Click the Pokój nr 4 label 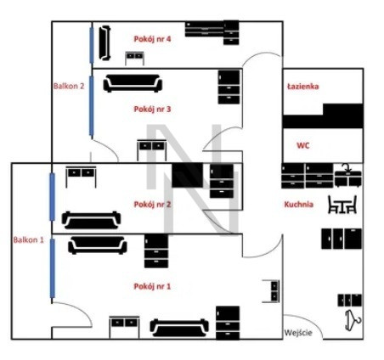coord(152,39)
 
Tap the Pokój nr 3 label coord(152,109)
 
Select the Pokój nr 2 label coord(152,204)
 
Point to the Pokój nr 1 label coord(152,286)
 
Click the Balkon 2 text coord(69,86)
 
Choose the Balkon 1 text coord(29,240)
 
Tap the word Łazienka coord(302,87)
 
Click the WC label coord(302,145)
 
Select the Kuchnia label coord(299,205)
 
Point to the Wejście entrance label coord(298,332)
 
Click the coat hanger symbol coord(353,320)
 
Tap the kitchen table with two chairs coord(342,205)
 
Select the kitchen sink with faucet coord(348,176)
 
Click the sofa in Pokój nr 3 coord(133,83)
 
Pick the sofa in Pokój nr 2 coord(91,220)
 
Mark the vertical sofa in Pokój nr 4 coord(104,42)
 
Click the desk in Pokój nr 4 coord(134,59)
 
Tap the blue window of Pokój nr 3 coord(91,106)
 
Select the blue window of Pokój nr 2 coord(52,197)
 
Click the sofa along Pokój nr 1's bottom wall coord(179,328)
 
